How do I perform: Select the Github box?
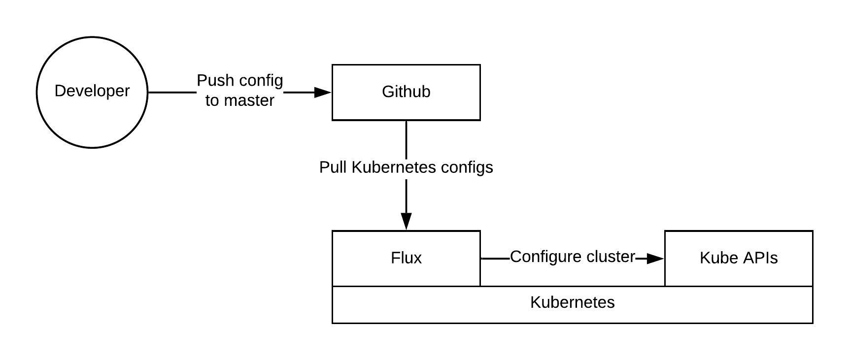[x=406, y=106]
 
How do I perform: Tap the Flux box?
[x=406, y=271]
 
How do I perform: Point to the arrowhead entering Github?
[x=323, y=92]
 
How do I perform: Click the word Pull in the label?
[x=333, y=167]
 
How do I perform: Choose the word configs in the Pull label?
[x=467, y=167]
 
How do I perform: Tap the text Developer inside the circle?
[x=92, y=91]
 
